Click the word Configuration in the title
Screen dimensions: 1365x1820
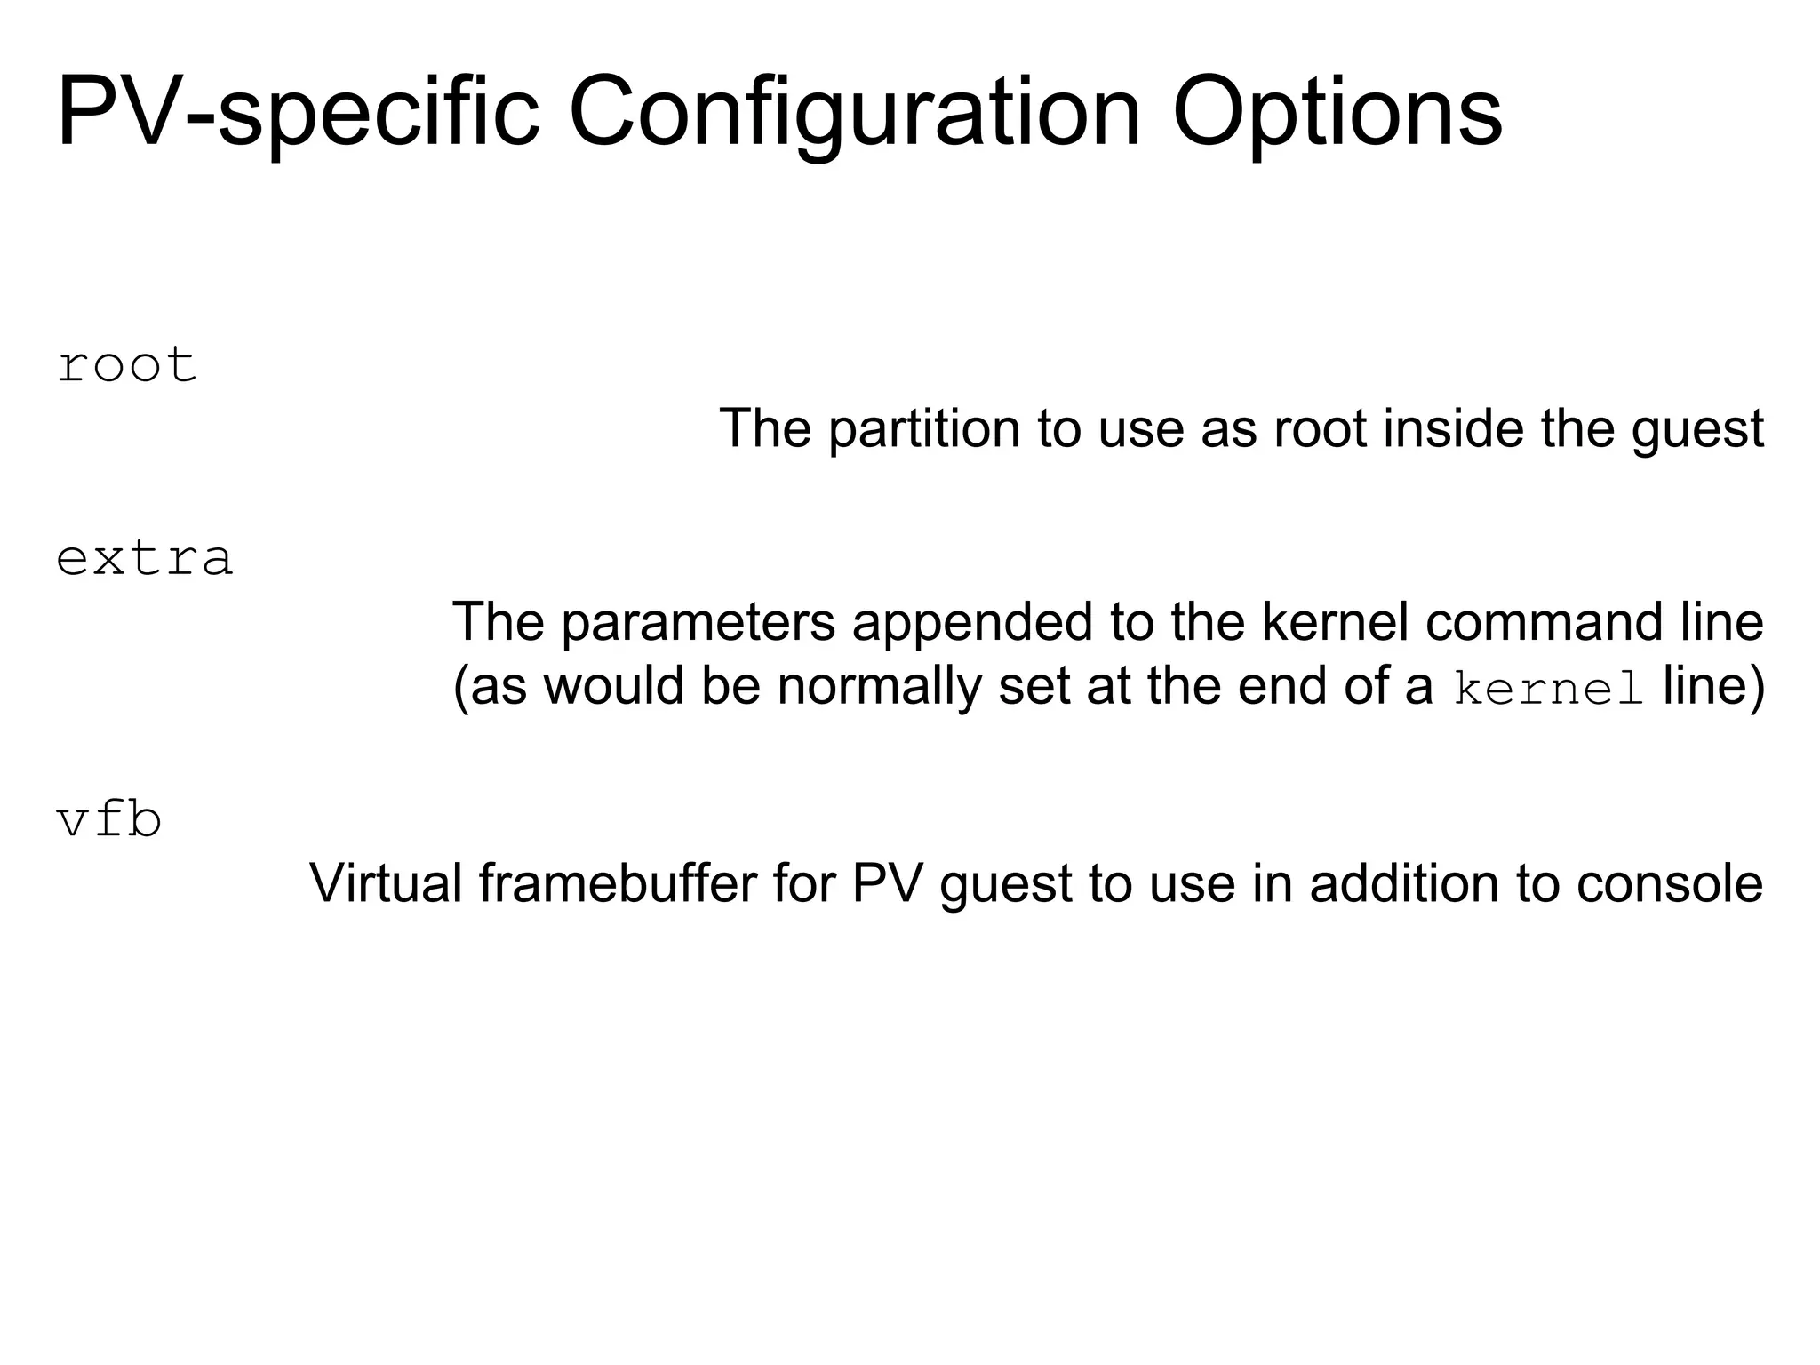coord(854,114)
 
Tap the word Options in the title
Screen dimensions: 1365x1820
coord(1337,114)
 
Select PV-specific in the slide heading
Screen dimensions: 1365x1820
coord(299,114)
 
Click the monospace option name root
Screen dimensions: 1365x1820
coord(127,365)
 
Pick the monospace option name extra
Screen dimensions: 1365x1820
coord(145,559)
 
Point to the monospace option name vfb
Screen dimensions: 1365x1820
coord(109,819)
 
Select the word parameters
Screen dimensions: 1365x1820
coord(698,621)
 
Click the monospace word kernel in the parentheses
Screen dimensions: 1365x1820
coord(1547,690)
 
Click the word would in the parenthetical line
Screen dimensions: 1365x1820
coord(614,686)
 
